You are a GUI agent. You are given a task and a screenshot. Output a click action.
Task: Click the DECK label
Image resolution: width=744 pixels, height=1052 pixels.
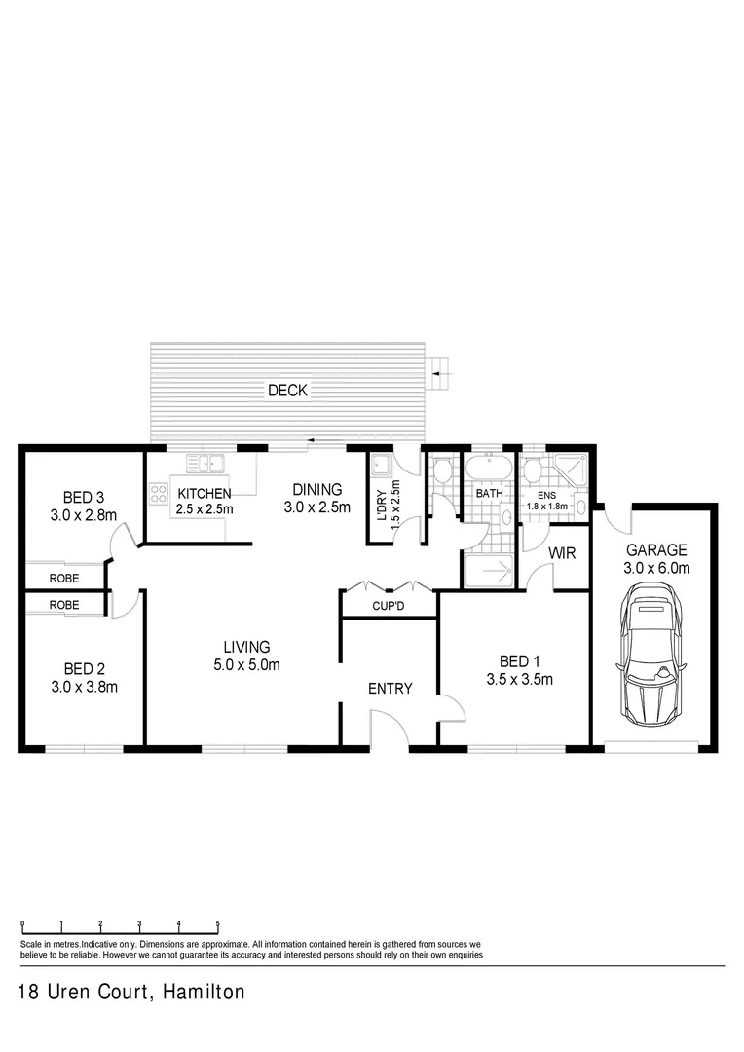(x=287, y=391)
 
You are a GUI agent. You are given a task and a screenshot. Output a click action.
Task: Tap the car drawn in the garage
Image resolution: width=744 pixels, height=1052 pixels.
(x=649, y=651)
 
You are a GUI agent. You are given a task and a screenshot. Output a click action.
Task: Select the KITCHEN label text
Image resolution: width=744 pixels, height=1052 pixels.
(x=204, y=494)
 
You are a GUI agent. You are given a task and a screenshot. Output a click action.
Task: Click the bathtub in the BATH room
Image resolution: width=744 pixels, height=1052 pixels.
(x=488, y=469)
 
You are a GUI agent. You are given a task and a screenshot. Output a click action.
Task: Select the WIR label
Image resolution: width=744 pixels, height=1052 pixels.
(x=563, y=553)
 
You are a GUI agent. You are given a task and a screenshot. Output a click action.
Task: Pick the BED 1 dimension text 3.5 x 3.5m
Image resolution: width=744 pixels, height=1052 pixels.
(x=520, y=680)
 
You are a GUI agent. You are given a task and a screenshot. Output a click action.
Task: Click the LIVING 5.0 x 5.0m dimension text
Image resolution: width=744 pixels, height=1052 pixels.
(x=246, y=665)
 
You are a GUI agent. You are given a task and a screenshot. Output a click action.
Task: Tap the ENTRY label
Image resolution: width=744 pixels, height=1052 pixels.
(x=390, y=689)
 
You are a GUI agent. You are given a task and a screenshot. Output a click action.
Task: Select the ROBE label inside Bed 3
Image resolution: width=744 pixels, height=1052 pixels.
(x=64, y=578)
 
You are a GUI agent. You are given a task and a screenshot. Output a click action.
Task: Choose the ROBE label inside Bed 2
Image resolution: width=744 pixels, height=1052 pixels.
(x=64, y=605)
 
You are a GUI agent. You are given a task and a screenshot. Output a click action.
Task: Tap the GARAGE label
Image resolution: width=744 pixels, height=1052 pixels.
(x=656, y=549)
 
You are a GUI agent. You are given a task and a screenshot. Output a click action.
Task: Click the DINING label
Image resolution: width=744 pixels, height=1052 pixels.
(x=316, y=490)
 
